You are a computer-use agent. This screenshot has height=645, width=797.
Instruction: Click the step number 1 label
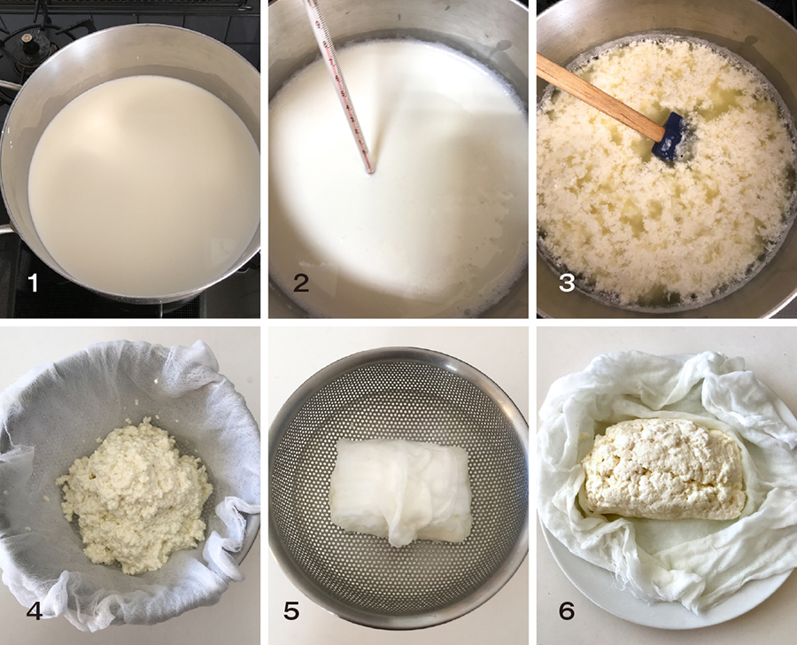pos(34,283)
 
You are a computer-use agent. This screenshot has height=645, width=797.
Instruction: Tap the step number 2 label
pos(301,283)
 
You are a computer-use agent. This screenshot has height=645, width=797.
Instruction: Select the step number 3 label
pos(567,283)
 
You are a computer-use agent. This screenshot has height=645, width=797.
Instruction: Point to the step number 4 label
pos(34,610)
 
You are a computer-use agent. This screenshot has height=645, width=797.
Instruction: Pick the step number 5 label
pos(291,610)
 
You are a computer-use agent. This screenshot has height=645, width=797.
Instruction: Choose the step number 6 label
pos(567,610)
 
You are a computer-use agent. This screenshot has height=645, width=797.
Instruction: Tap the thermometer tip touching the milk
pos(372,172)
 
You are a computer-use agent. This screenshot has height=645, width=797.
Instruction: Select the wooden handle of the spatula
pos(600,97)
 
